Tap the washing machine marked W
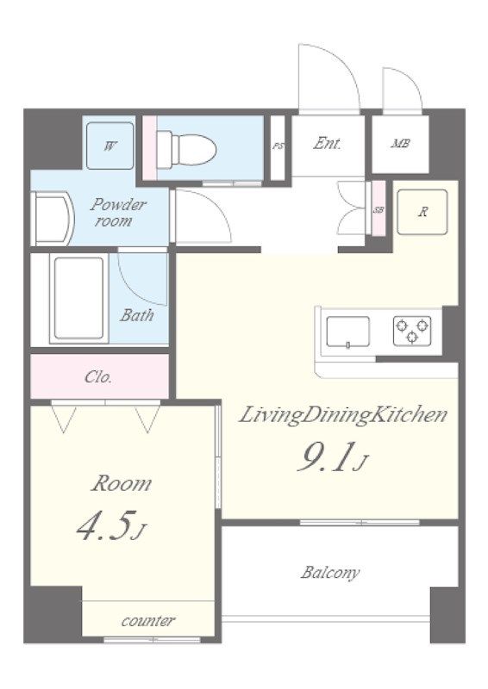[x=110, y=146]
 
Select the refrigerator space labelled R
[x=422, y=212]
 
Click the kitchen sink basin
[x=347, y=332]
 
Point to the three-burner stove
[x=412, y=330]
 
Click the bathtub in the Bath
[x=78, y=298]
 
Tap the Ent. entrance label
[x=327, y=143]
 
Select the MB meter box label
[x=400, y=143]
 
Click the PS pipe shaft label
[x=278, y=146]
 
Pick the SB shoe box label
[x=379, y=209]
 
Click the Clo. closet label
[x=98, y=377]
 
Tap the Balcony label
[x=330, y=572]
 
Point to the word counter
[x=147, y=620]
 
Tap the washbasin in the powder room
[x=51, y=219]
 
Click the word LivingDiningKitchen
[x=342, y=415]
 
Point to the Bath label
[x=137, y=315]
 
